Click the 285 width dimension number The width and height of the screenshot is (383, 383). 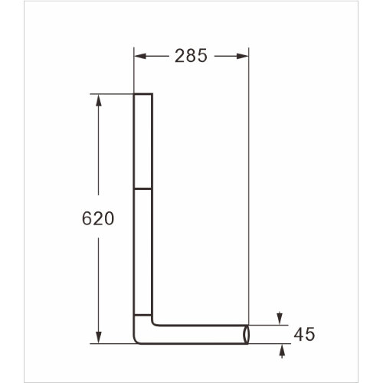[191, 56]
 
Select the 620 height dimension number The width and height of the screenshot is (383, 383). [97, 219]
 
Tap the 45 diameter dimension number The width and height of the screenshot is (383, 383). [304, 334]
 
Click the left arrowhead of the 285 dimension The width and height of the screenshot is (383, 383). [140, 56]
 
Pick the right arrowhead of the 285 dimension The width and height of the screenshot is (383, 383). [243, 56]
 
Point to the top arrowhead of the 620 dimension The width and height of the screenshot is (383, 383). [97, 100]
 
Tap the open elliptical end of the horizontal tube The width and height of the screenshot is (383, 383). [246, 334]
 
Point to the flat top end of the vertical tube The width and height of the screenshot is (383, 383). [144, 94]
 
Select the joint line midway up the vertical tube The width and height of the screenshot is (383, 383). [144, 188]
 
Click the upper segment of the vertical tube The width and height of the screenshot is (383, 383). [144, 142]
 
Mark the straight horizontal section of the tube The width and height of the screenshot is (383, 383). [199, 334]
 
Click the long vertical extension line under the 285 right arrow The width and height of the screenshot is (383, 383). [248, 191]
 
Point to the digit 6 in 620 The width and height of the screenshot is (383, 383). [87, 219]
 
